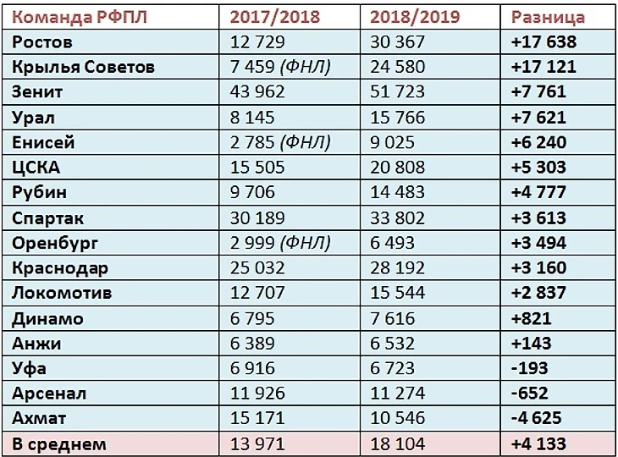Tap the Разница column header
click(548, 17)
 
